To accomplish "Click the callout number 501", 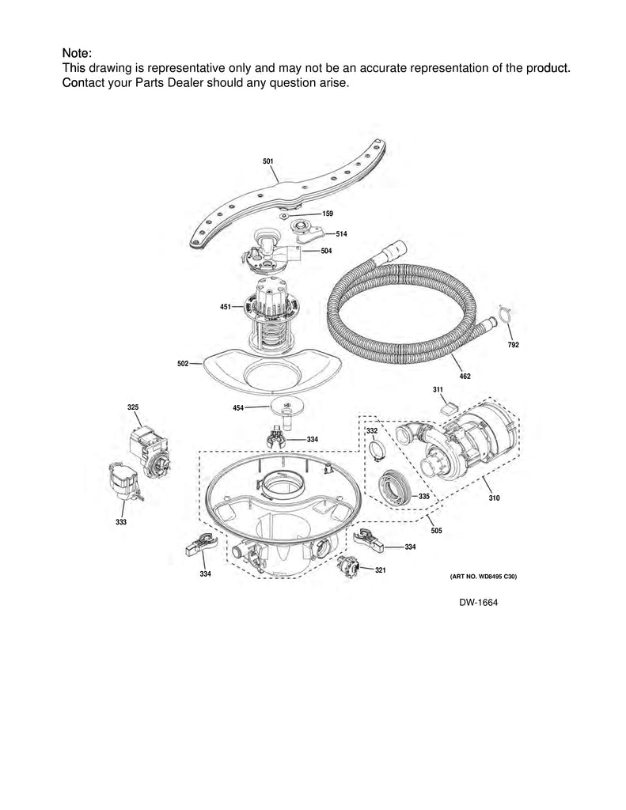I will point(267,161).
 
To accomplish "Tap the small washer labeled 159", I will point(286,215).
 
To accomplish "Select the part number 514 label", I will point(341,235).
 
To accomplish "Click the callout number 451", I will point(226,306).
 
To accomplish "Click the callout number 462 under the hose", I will point(465,376).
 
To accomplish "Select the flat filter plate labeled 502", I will point(268,371).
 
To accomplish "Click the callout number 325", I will point(133,407).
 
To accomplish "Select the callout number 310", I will point(494,498).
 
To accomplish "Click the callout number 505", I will point(435,531).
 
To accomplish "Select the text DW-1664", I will point(478,603).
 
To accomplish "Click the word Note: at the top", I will point(78,53).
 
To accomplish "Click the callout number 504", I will point(326,251).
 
